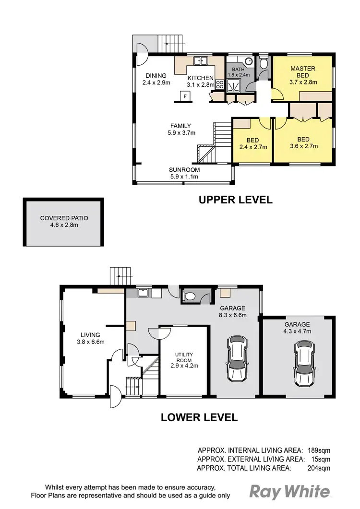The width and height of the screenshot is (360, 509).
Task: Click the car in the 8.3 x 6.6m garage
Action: click(x=237, y=357)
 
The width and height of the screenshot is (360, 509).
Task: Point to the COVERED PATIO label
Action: click(x=64, y=222)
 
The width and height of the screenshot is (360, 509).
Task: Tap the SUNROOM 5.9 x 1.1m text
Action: click(x=184, y=173)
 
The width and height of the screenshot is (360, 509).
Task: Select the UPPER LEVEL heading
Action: click(x=236, y=200)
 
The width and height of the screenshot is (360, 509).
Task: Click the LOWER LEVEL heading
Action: click(x=199, y=417)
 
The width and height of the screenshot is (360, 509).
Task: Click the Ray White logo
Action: click(x=290, y=491)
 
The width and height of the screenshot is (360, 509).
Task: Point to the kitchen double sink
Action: click(x=200, y=61)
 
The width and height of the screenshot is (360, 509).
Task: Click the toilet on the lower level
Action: click(x=191, y=296)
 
